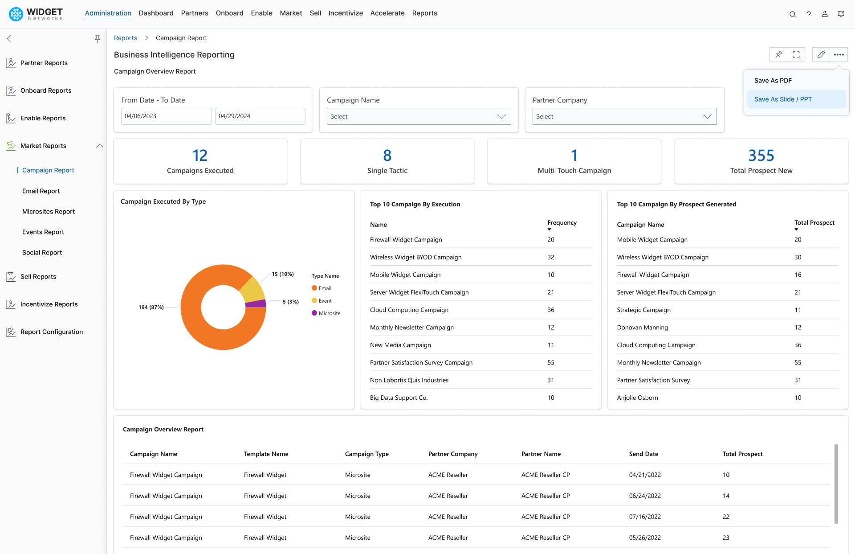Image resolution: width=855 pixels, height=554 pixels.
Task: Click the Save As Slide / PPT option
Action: (x=782, y=99)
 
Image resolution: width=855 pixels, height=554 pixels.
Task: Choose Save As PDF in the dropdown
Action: (x=773, y=81)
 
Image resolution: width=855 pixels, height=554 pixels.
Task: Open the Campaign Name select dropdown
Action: (x=419, y=116)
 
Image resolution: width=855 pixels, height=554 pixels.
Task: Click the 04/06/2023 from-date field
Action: (x=166, y=116)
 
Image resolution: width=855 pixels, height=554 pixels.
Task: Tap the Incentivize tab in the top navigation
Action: (x=345, y=13)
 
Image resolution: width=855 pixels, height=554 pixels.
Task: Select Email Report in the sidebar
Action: (x=41, y=191)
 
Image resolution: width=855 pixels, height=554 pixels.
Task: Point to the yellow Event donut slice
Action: (x=252, y=290)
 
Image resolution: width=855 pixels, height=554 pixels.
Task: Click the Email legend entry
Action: (x=325, y=288)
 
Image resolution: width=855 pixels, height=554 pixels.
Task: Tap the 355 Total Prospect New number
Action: (x=761, y=156)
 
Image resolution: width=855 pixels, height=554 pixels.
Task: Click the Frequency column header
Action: (x=562, y=223)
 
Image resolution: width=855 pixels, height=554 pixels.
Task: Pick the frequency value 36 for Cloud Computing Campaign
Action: (x=551, y=310)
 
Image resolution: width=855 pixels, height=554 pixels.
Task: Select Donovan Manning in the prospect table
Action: (x=642, y=328)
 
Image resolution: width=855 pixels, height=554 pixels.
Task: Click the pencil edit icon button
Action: (x=821, y=54)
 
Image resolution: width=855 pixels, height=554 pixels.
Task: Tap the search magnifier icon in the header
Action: (x=792, y=14)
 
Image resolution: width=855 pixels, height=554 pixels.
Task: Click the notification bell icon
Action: (x=841, y=14)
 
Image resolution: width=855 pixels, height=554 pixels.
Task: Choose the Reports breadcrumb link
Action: (x=125, y=38)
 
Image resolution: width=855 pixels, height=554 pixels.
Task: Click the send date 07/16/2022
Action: (x=644, y=517)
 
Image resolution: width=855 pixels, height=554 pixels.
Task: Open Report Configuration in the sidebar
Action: (x=52, y=332)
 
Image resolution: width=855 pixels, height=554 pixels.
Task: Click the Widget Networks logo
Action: (x=36, y=14)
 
